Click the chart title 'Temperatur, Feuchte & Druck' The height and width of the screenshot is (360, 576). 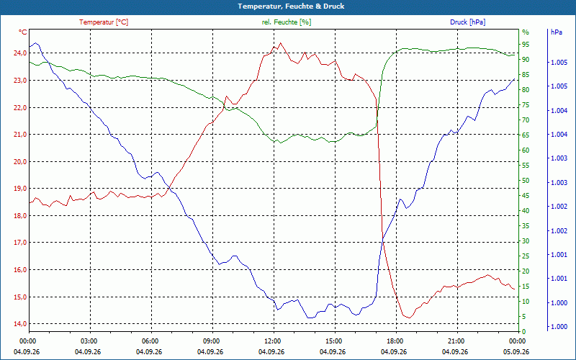point(291,6)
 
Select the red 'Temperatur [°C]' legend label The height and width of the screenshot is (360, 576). point(104,22)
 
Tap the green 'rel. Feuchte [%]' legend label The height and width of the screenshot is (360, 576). point(286,22)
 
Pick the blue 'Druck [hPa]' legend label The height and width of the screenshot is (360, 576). point(467,22)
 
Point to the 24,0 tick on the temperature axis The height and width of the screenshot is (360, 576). point(20,53)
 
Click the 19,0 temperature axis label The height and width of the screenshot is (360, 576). point(20,189)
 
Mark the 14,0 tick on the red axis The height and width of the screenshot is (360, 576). point(20,323)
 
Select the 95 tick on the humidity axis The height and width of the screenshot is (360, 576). point(526,45)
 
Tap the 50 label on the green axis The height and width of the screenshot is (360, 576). point(526,181)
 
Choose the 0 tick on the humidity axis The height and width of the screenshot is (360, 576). point(524,332)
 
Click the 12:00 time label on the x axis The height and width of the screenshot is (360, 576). point(271,341)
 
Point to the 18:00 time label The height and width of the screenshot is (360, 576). point(394,341)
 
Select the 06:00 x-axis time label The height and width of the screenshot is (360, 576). point(149,341)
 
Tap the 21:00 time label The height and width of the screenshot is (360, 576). point(455,341)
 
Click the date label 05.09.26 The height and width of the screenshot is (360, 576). point(516,352)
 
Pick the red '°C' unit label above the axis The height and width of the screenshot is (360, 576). point(23,32)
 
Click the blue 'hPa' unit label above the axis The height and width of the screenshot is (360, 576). point(557,32)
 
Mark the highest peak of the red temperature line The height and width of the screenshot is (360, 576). point(280,42)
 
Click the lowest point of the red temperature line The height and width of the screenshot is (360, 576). point(409,318)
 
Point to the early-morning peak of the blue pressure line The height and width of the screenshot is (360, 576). point(35,43)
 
